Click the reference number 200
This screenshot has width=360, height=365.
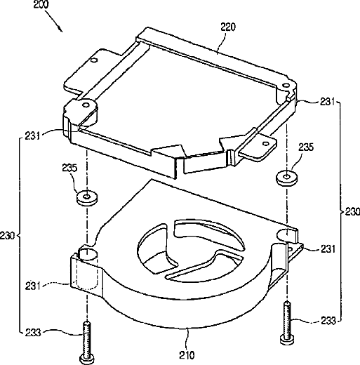(x=41, y=4)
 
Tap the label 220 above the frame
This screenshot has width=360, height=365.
(x=228, y=27)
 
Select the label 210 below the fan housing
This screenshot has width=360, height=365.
(x=187, y=355)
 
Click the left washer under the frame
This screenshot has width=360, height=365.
(x=87, y=198)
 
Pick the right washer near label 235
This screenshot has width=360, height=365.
(x=287, y=178)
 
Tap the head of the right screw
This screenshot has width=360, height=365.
(x=287, y=340)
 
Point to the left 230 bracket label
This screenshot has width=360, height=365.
(x=8, y=235)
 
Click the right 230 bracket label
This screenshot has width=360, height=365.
(x=352, y=212)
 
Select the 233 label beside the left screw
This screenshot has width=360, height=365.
(x=33, y=333)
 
